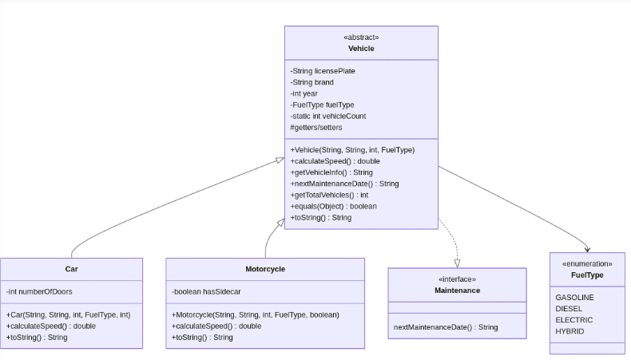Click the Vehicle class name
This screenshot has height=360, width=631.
point(361,49)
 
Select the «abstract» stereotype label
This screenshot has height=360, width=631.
point(361,38)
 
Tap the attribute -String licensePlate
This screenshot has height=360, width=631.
point(323,71)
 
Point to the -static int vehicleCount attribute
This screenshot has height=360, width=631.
point(328,116)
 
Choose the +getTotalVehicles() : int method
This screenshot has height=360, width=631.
point(329,195)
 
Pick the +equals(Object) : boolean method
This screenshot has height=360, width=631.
point(333,206)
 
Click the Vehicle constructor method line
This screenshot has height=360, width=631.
point(352,149)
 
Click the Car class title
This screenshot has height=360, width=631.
point(71,269)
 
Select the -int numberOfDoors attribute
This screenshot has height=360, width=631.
point(39,291)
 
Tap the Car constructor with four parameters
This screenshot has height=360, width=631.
point(68,315)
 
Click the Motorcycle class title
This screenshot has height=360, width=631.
point(265,269)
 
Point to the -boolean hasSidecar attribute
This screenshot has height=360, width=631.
point(206,291)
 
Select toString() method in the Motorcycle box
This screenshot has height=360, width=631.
point(202,338)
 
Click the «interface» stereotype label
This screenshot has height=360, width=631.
point(457,279)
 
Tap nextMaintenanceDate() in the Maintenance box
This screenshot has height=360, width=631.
point(446,327)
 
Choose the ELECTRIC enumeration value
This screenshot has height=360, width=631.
point(574,320)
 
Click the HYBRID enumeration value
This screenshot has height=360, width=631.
point(569,331)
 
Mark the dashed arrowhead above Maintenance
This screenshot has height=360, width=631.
point(457,262)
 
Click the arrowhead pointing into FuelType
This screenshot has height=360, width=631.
point(588,248)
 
